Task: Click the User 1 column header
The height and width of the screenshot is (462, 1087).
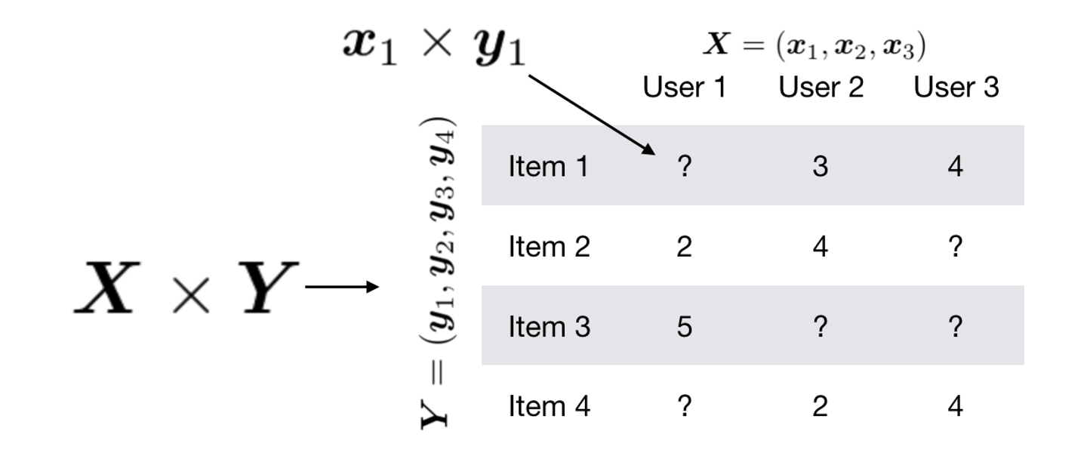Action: point(684,88)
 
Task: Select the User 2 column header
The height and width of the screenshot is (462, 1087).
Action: point(821,88)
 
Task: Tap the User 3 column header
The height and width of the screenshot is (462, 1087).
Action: point(956,88)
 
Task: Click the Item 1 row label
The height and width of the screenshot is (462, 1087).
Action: point(549,167)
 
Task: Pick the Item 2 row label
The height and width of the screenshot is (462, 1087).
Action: point(549,247)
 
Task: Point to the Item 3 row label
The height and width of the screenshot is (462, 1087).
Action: point(549,327)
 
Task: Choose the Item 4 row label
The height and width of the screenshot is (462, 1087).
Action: point(549,407)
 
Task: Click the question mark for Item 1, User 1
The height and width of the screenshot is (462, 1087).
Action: point(684,167)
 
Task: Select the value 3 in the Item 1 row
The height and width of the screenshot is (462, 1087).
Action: point(821,167)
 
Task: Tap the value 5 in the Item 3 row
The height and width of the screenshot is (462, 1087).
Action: point(684,327)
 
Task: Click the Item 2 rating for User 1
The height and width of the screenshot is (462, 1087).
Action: point(684,247)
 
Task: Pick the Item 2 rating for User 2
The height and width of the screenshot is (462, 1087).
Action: point(821,247)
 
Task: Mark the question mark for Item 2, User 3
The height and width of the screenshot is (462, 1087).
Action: point(956,247)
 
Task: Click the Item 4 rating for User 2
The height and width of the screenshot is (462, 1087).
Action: point(821,407)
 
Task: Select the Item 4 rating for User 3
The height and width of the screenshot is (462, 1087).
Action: point(956,407)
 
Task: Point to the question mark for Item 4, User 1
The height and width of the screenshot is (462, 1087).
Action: point(684,407)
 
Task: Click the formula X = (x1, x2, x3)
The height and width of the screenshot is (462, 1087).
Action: point(814,46)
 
